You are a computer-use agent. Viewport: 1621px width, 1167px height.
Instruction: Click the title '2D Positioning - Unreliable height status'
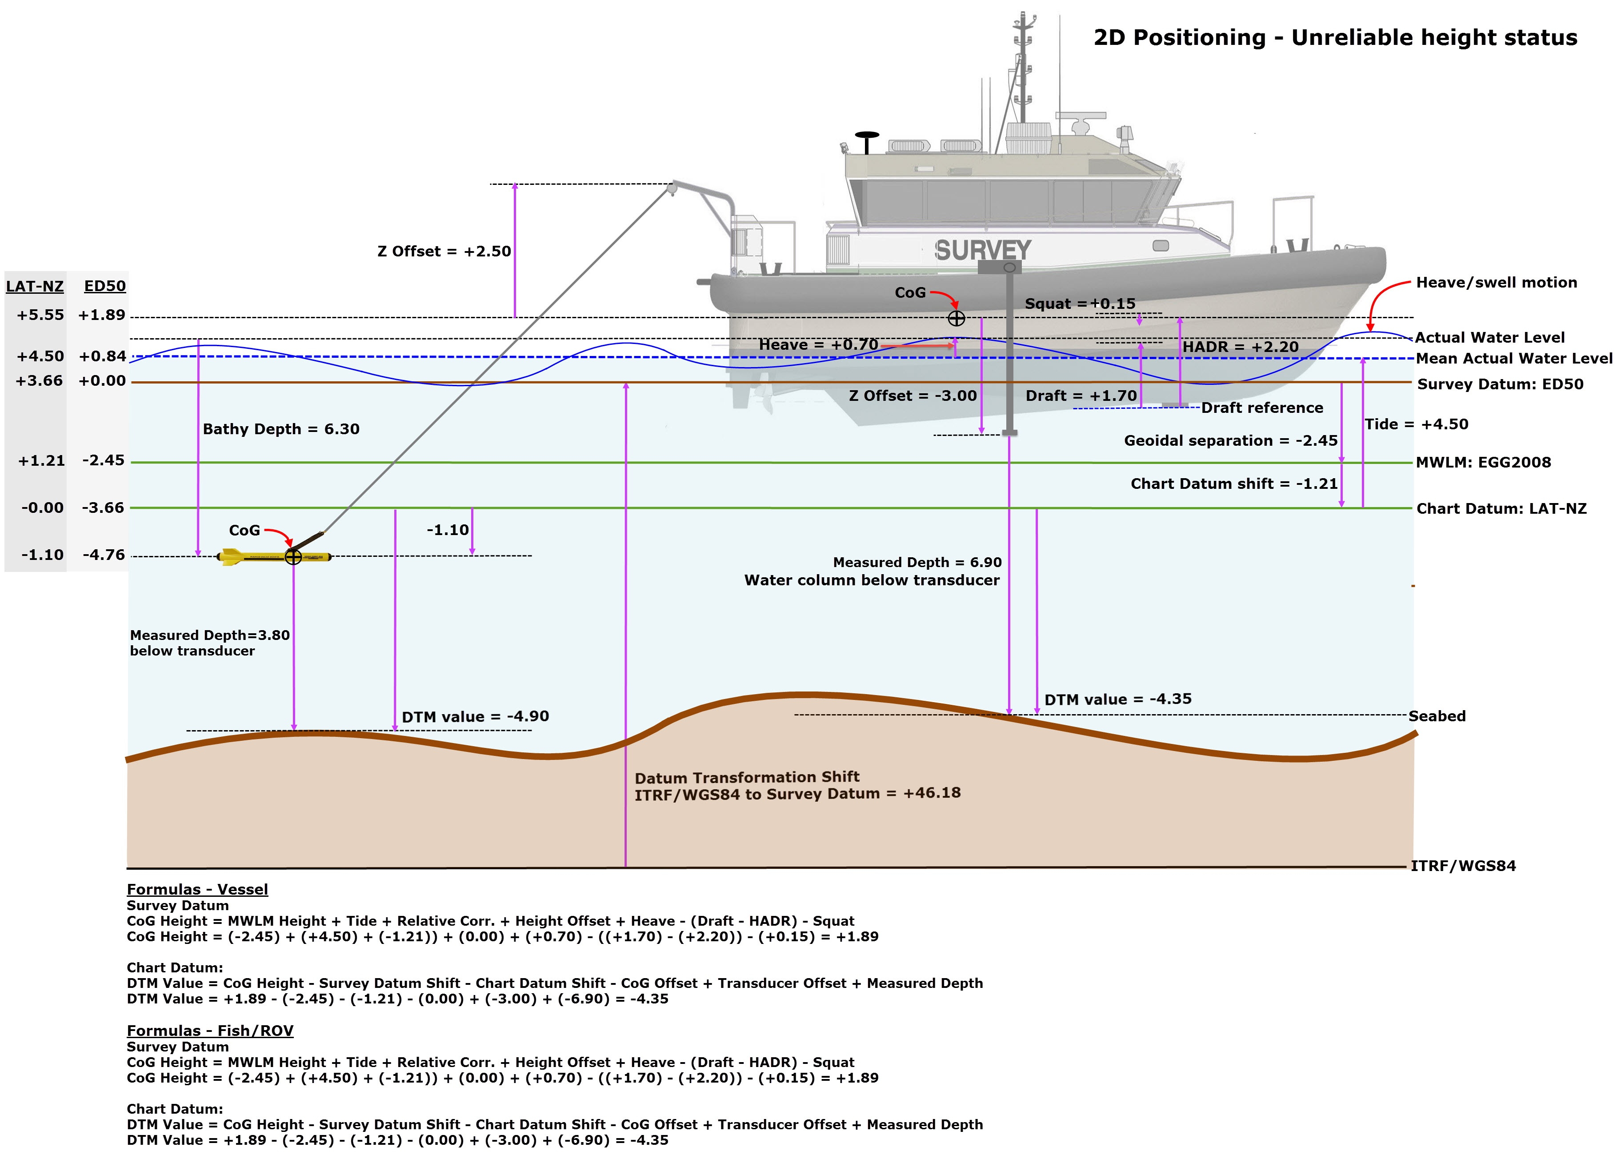1335,37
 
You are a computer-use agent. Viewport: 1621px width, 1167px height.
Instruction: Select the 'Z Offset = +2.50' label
444,252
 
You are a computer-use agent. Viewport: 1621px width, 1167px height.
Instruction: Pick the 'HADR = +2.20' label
1240,348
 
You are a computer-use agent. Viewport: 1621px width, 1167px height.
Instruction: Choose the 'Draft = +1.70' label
1081,396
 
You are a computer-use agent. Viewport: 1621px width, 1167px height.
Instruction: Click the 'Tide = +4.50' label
1416,424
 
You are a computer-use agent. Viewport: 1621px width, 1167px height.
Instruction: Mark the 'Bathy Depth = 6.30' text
281,429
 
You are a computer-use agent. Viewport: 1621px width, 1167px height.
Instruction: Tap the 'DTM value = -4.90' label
475,717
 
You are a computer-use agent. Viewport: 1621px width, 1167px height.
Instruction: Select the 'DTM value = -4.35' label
1118,699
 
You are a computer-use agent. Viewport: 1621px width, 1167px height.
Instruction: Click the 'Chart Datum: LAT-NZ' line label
1501,509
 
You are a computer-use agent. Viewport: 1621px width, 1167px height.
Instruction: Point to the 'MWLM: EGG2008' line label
1483,462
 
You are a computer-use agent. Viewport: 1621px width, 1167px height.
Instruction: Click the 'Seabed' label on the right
1437,716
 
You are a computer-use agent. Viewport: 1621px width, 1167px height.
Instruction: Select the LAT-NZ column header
34,287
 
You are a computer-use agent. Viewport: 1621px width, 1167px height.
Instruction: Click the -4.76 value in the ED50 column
104,555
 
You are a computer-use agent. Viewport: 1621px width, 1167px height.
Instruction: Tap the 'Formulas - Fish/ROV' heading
210,1031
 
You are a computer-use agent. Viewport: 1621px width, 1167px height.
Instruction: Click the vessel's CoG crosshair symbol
957,319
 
